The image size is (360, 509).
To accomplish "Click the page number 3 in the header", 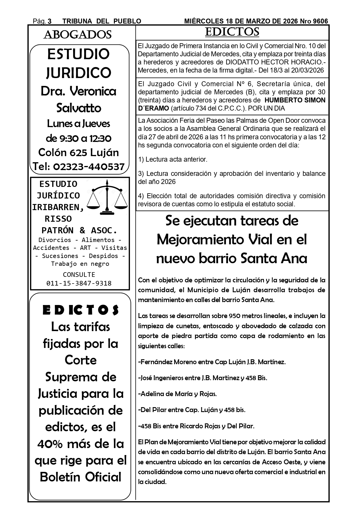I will pos(50,21).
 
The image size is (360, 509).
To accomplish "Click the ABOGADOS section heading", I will pos(77,35).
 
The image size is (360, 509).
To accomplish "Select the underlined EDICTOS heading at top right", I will pos(232,32).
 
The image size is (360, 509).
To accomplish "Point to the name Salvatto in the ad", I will pos(79,108).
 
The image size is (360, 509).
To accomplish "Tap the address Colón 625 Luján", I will pos(79,152).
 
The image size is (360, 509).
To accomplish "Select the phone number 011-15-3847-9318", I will pos(79,283).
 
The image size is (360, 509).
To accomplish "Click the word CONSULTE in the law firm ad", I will pos(79,275).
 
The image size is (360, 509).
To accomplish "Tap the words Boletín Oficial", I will pos(80,477).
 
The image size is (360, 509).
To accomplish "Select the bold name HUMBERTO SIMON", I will pos(295,100).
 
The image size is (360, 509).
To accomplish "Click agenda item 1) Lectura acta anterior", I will pos(173,159).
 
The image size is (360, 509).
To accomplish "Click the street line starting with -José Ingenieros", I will pos(202,378).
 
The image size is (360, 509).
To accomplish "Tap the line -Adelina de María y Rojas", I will pos(178,394).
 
